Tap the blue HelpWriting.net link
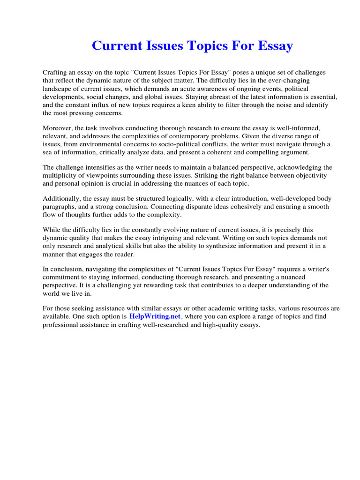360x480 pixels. [x=155, y=317]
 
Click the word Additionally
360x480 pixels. [x=61, y=199]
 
